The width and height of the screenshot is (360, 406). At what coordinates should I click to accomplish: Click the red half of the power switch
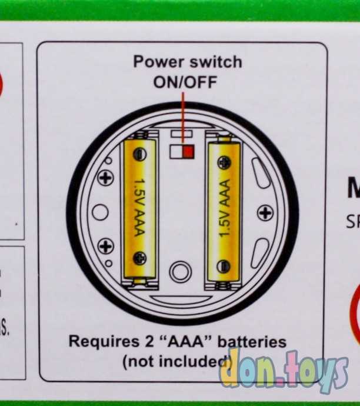(188, 152)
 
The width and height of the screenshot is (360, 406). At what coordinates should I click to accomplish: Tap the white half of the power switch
(176, 152)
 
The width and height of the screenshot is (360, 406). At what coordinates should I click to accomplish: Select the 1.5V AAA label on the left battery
(139, 207)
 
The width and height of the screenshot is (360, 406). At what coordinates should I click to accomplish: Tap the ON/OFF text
(185, 81)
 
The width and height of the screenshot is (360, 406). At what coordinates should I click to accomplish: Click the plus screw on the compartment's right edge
(266, 212)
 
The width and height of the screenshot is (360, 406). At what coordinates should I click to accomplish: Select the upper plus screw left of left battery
(106, 178)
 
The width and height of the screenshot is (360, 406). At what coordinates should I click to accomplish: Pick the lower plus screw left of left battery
(106, 246)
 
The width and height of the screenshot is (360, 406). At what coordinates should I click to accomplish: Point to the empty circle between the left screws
(101, 212)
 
